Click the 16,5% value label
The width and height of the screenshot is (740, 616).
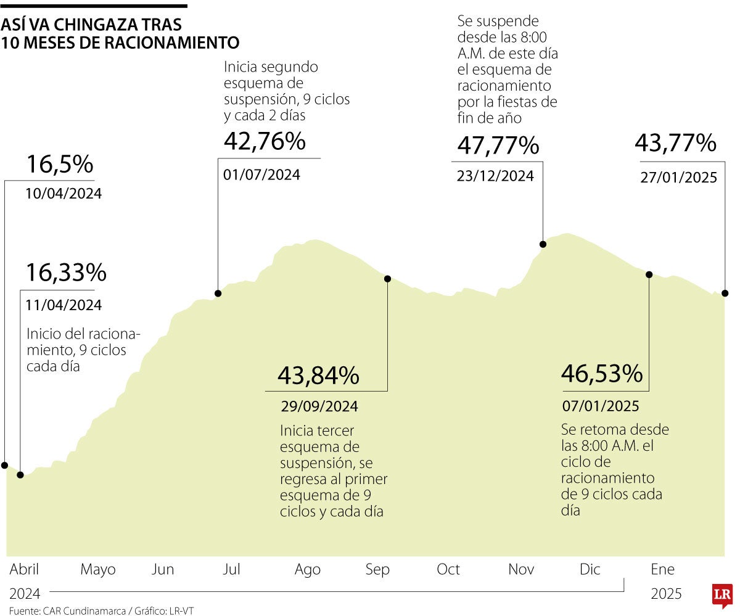pyautogui.click(x=59, y=165)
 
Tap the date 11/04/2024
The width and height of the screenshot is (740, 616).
pyautogui.click(x=64, y=305)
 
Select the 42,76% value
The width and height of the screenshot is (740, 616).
pyautogui.click(x=265, y=142)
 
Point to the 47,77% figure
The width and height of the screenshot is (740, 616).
pyautogui.click(x=498, y=146)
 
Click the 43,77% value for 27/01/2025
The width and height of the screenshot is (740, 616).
pyautogui.click(x=675, y=144)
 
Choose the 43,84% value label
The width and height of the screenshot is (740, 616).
pyautogui.click(x=318, y=375)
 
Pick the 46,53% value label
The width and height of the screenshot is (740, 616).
pyautogui.click(x=602, y=373)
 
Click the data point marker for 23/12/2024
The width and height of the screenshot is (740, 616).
pyautogui.click(x=543, y=244)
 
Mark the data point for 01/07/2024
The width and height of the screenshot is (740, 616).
pyautogui.click(x=218, y=294)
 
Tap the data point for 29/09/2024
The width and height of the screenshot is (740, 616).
pyautogui.click(x=387, y=279)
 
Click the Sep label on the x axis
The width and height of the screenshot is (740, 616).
pyautogui.click(x=377, y=570)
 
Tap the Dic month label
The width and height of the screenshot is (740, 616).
pyautogui.click(x=590, y=570)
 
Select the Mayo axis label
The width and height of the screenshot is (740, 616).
pyautogui.click(x=98, y=570)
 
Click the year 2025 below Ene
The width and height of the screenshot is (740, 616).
pyautogui.click(x=666, y=594)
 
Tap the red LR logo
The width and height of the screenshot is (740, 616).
pyautogui.click(x=722, y=596)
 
